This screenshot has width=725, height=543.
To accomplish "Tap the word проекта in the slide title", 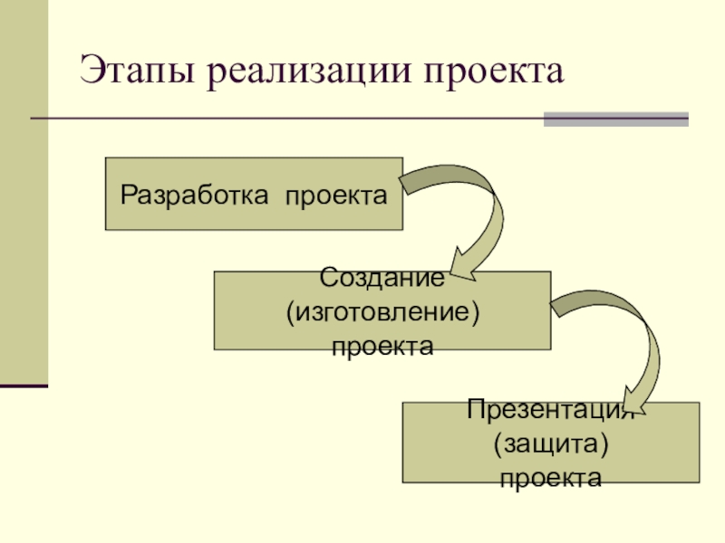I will (490, 72).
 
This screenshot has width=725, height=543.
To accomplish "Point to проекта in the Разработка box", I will (338, 195).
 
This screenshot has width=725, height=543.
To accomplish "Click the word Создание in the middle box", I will (382, 279).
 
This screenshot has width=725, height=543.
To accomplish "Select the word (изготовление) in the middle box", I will (382, 312).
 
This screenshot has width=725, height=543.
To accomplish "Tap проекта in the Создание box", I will (382, 345).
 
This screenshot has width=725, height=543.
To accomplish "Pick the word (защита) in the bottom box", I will (550, 443).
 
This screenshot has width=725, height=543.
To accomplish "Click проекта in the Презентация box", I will (550, 477).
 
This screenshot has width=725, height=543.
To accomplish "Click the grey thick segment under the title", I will (615, 119).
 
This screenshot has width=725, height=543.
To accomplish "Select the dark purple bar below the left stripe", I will (24, 385).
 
